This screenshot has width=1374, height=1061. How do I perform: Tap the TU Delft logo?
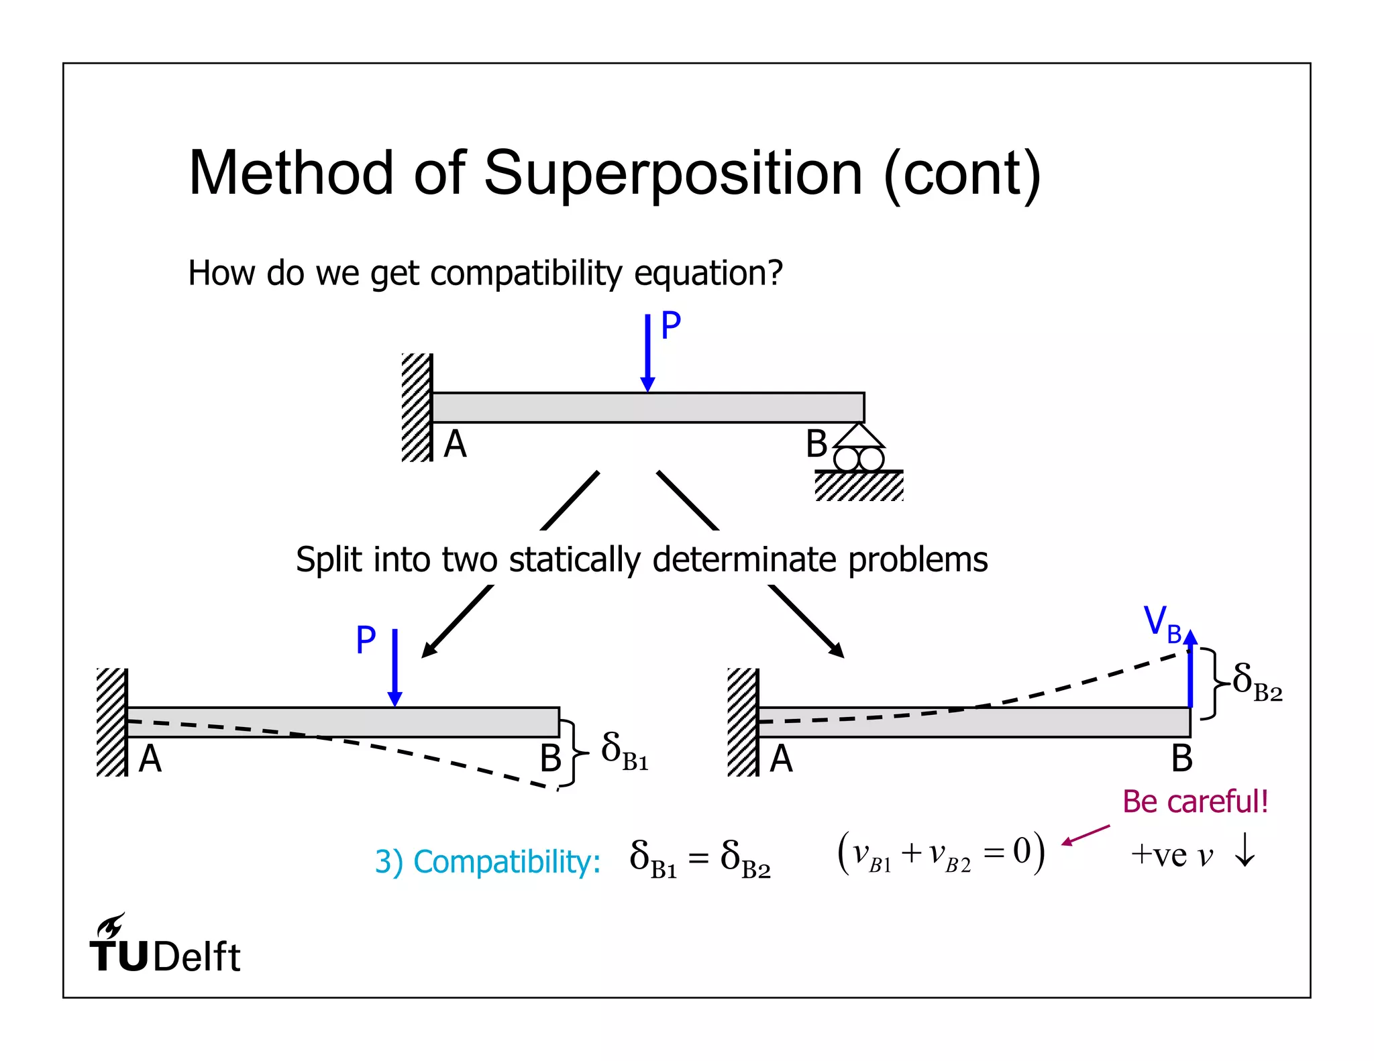click(164, 946)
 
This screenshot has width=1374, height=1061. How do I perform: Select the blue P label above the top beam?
click(671, 326)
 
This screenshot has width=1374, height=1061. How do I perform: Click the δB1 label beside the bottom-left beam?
click(624, 751)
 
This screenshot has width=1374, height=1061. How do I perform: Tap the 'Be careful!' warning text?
click(1195, 802)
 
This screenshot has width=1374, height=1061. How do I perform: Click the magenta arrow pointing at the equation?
click(1086, 835)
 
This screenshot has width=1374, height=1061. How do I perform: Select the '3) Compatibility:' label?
click(487, 862)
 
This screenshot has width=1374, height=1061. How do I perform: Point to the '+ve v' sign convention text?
click(1171, 856)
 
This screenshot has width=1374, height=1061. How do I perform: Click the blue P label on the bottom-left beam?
click(366, 640)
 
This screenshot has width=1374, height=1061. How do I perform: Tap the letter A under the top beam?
click(455, 444)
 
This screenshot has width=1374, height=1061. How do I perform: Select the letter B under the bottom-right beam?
click(1181, 759)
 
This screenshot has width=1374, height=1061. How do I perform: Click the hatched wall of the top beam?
click(417, 408)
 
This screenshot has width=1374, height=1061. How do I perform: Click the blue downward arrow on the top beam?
click(647, 352)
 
